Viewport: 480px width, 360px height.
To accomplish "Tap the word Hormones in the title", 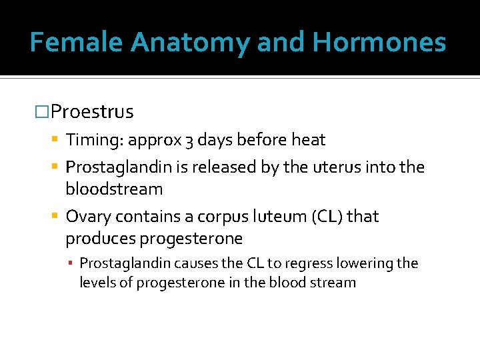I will click(379, 43).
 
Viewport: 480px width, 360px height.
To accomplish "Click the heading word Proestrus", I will click(92, 112).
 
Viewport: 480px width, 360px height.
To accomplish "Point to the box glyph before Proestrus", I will click(42, 112).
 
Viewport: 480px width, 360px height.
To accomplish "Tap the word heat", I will click(308, 140).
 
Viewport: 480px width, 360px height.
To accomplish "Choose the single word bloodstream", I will click(114, 189).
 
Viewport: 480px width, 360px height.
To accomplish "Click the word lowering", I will click(366, 263).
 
